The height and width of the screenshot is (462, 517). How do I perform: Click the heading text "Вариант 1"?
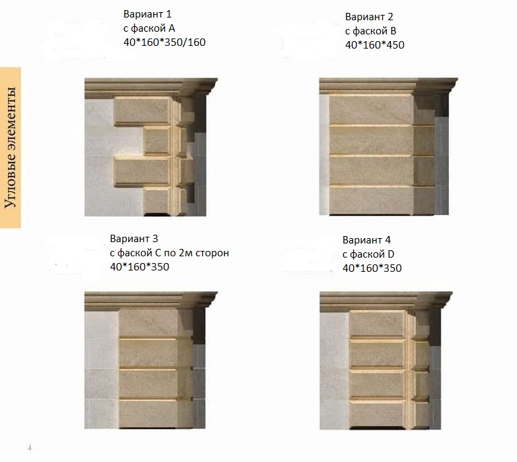pos(148,14)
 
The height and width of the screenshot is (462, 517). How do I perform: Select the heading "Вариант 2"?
pos(369,16)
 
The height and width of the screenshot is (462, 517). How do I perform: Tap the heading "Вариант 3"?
pos(134,238)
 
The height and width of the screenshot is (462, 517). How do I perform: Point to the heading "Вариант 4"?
pos(366,239)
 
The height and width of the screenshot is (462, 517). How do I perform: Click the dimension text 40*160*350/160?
pos(164,42)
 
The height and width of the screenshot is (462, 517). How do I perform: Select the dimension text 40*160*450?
pos(375,45)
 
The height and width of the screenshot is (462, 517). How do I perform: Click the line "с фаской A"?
pos(149,28)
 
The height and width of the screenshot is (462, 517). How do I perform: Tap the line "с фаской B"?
pos(371,31)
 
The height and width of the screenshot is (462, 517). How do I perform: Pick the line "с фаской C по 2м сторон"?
pos(169,253)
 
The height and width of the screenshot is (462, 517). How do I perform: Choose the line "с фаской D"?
pos(368,254)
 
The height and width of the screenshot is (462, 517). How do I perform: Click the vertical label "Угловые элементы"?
pos(11,148)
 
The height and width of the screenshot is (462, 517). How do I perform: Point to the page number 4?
pos(30,448)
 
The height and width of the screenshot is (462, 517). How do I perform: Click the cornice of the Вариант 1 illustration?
pos(151,87)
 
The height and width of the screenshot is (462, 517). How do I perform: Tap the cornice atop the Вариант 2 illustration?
pos(388,86)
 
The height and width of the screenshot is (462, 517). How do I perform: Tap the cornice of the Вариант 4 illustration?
pos(386,301)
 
